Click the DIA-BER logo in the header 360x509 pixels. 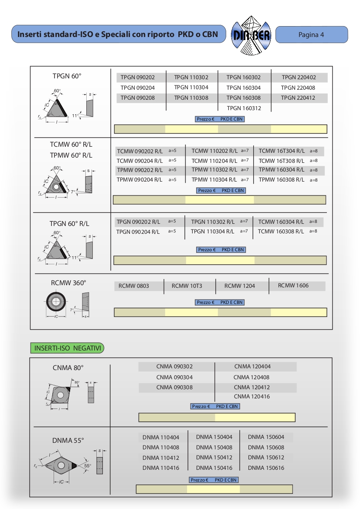[251, 35]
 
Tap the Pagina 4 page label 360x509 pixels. [311, 35]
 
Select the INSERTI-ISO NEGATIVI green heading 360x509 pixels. [68, 348]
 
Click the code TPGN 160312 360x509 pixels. [244, 108]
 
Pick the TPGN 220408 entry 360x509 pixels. [298, 88]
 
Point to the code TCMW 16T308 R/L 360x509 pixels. [282, 161]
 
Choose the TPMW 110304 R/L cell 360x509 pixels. [214, 179]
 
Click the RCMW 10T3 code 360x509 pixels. [187, 286]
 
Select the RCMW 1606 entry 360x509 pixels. [293, 286]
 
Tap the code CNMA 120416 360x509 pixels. [251, 397]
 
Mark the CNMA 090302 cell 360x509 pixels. [174, 367]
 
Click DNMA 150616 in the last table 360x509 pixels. [266, 468]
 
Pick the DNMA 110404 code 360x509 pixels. [160, 437]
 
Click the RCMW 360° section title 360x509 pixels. [68, 283]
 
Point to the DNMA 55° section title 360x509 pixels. [68, 440]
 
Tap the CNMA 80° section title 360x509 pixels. [68, 368]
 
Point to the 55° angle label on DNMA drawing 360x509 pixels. [88, 465]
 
